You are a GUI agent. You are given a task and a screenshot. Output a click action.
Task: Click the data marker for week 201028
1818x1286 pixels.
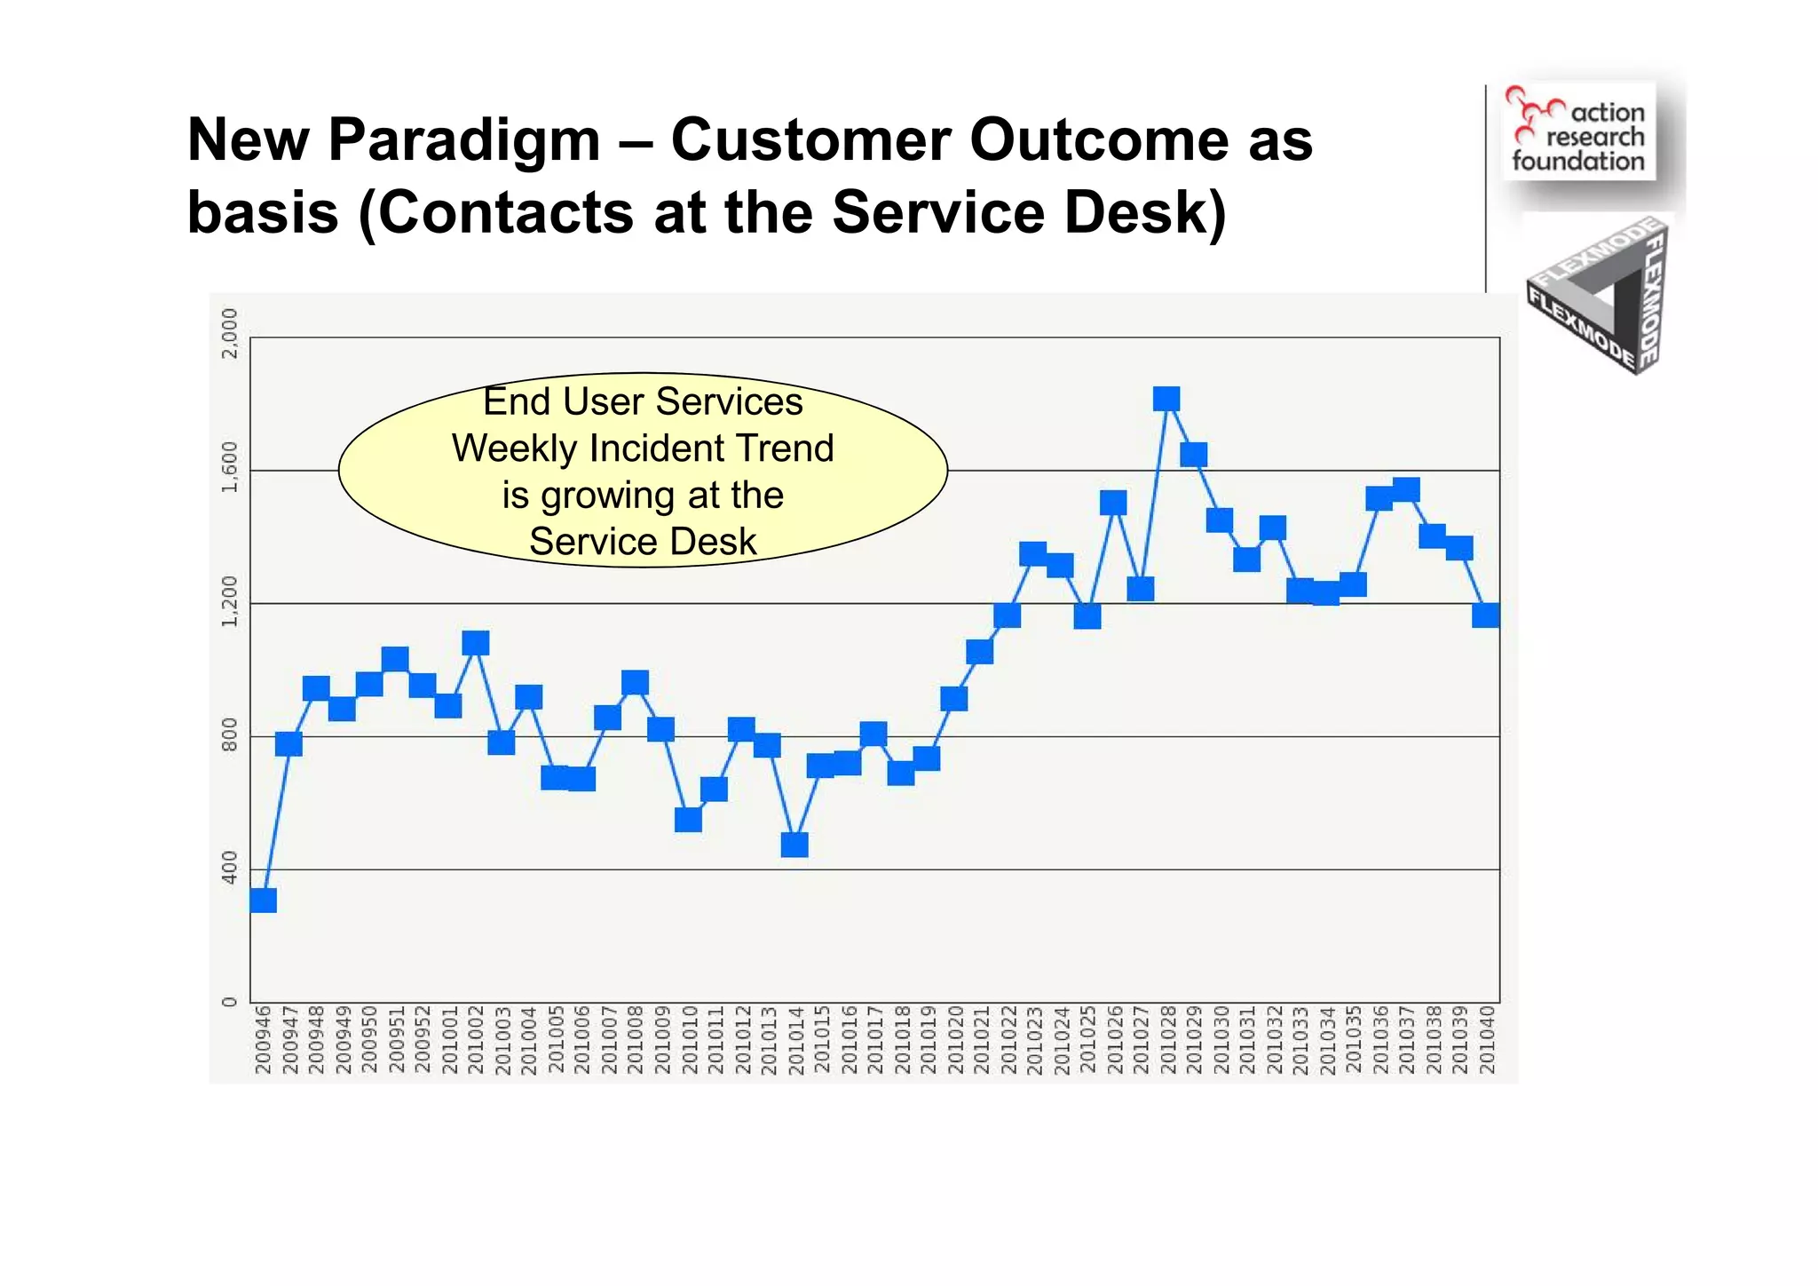pos(1166,399)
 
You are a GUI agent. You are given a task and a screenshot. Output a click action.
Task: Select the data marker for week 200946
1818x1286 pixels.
pos(264,900)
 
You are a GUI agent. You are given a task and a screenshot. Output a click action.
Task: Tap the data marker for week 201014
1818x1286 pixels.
pos(794,844)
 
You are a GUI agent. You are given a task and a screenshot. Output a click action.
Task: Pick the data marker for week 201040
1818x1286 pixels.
pos(1485,615)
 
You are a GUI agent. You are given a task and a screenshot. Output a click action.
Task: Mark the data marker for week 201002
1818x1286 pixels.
pos(476,643)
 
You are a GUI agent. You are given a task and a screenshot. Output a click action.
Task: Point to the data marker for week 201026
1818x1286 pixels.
pos(1113,503)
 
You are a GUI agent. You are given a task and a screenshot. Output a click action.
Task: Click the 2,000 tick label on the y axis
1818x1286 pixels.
pos(230,334)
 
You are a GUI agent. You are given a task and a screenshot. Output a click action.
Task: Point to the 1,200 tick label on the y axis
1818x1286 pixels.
pos(230,602)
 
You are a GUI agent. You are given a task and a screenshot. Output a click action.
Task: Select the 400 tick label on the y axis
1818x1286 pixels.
pos(230,868)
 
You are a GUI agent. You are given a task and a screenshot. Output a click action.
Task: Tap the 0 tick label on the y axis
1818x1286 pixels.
pos(230,1002)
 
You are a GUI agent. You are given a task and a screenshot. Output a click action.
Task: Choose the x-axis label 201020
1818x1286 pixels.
pos(955,1040)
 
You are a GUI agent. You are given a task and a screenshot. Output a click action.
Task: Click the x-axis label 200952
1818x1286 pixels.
pos(423,1040)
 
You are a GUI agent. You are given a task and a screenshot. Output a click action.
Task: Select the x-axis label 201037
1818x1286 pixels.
pos(1406,1040)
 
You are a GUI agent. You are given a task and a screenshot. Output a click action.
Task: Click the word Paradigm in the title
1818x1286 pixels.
pos(464,140)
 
